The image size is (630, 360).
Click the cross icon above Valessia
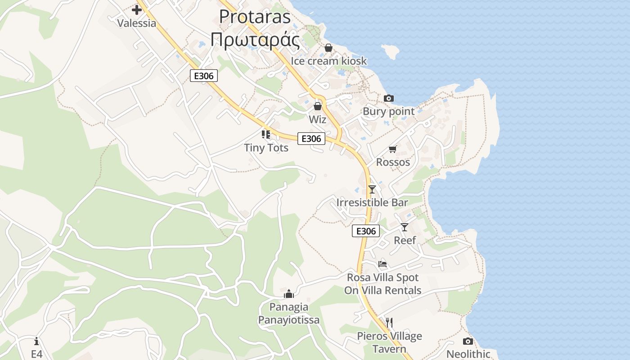(137, 10)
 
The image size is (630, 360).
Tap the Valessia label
(137, 23)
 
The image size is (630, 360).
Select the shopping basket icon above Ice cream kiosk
(328, 48)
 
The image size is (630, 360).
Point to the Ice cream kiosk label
(328, 61)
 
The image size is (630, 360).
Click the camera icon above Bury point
(389, 98)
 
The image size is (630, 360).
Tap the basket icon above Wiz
(318, 106)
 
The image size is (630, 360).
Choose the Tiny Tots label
(266, 148)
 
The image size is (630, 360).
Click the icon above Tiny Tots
(266, 134)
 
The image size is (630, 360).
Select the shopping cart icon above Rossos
(393, 149)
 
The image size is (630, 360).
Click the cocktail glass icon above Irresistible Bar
(372, 189)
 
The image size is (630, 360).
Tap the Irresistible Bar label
(372, 202)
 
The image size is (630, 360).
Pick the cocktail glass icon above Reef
(405, 227)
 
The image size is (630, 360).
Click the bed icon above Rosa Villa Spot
(382, 264)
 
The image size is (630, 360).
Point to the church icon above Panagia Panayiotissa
(289, 294)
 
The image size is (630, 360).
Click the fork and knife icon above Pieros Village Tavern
(389, 323)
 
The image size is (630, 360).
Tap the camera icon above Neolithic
(468, 341)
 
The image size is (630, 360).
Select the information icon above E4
(36, 341)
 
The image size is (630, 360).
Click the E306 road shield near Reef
(365, 231)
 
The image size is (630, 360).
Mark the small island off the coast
(390, 52)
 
